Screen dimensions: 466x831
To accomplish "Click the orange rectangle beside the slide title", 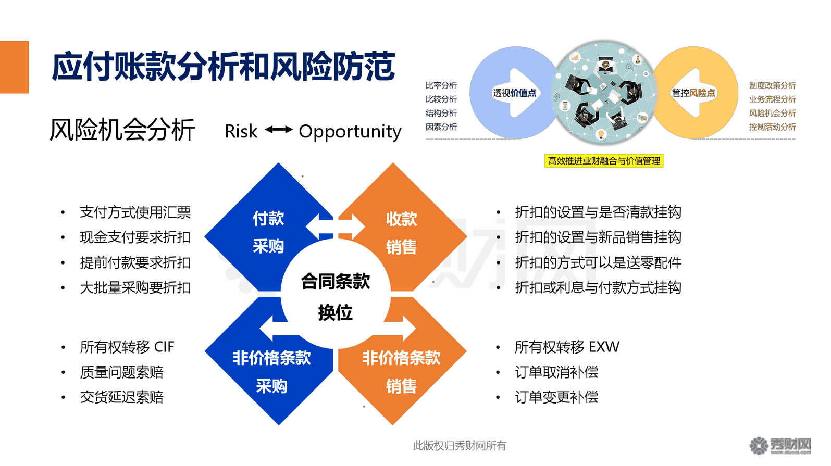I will coord(14,67).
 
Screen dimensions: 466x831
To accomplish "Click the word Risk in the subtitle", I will coord(241,132).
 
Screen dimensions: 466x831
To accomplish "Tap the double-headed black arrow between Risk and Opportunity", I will coord(279,130).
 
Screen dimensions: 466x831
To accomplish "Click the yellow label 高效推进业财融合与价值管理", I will coord(603,161).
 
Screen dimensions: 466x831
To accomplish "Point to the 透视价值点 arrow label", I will coord(514,93).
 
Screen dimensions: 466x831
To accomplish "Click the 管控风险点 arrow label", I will coord(693,93).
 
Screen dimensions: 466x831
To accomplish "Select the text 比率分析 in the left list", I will coord(441,85).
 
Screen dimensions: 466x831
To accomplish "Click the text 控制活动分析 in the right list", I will coord(772,127).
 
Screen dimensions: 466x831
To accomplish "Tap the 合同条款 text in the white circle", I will coord(336,282).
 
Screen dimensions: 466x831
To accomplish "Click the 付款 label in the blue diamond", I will coord(268,218).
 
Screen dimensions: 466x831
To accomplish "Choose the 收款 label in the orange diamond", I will coord(401,219).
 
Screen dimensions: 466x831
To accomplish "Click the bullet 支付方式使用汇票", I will coord(135,212).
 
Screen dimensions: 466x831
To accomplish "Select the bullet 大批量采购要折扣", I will coord(135,288).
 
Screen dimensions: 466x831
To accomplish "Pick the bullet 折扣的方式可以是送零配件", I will coord(598,263).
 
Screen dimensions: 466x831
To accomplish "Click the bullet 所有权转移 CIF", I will coord(127,347).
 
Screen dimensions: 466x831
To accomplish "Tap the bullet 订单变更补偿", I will coord(556,397).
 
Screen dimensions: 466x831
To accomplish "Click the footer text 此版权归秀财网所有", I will coord(459,446).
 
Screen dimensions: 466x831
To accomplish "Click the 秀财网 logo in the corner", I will coord(780,446).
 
